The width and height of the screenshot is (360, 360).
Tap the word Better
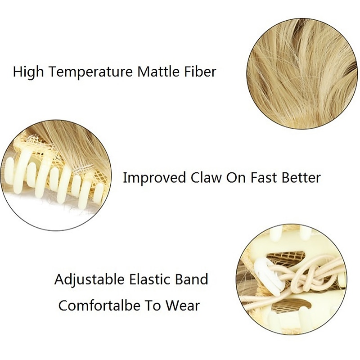301,177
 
